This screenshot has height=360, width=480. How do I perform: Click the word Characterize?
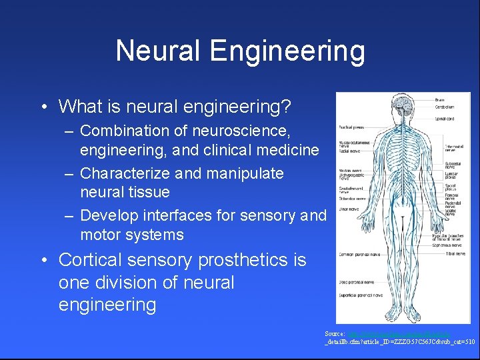125,173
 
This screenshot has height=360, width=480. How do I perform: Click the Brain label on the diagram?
441,100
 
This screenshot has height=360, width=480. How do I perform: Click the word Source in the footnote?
334,333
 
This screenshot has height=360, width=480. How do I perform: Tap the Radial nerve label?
349,151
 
